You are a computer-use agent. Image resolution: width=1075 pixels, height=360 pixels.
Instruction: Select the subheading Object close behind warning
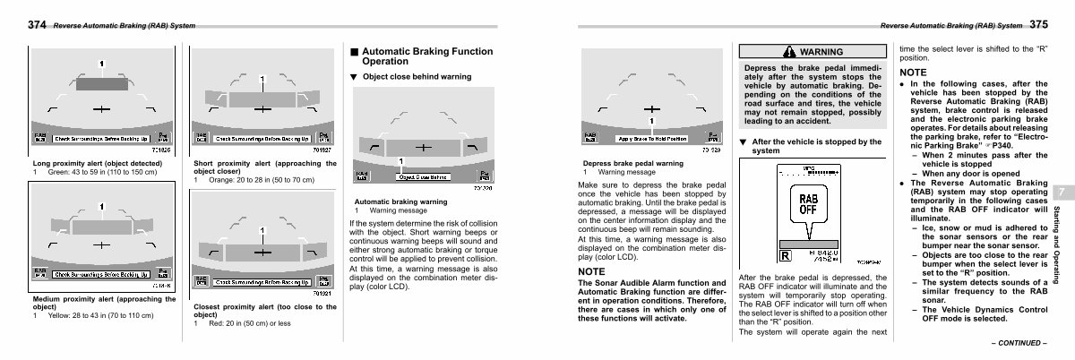(x=417, y=77)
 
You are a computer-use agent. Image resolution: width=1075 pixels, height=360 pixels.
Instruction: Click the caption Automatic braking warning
(x=401, y=201)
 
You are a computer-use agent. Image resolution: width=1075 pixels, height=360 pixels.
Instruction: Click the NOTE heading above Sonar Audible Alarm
(x=592, y=271)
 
